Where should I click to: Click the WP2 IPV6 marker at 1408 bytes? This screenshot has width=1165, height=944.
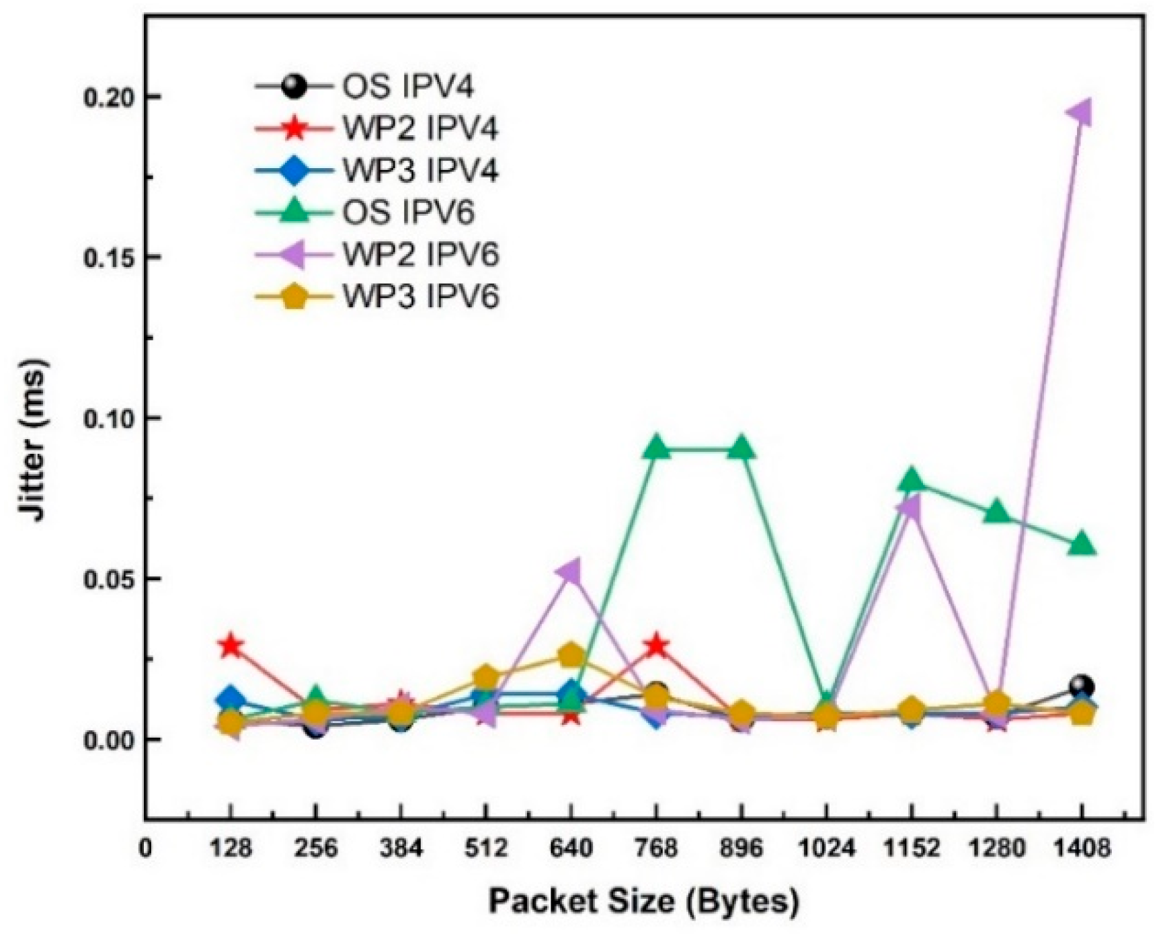coord(1080,113)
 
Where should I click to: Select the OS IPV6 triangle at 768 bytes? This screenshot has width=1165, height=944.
coord(657,448)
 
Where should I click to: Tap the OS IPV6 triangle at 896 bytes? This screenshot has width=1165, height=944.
coord(741,448)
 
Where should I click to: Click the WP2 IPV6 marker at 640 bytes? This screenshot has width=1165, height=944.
coord(569,573)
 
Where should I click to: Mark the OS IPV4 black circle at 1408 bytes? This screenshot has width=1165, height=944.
coord(1081,686)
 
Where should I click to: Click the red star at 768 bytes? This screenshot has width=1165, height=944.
coord(657,645)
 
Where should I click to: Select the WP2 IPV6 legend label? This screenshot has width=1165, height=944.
coord(420,255)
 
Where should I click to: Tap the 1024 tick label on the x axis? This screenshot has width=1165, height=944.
coord(827,849)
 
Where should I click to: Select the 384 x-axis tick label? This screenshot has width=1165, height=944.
coord(401,849)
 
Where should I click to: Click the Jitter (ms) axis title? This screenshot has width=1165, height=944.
coord(33,441)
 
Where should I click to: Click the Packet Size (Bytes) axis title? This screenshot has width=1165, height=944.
coord(643,901)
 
